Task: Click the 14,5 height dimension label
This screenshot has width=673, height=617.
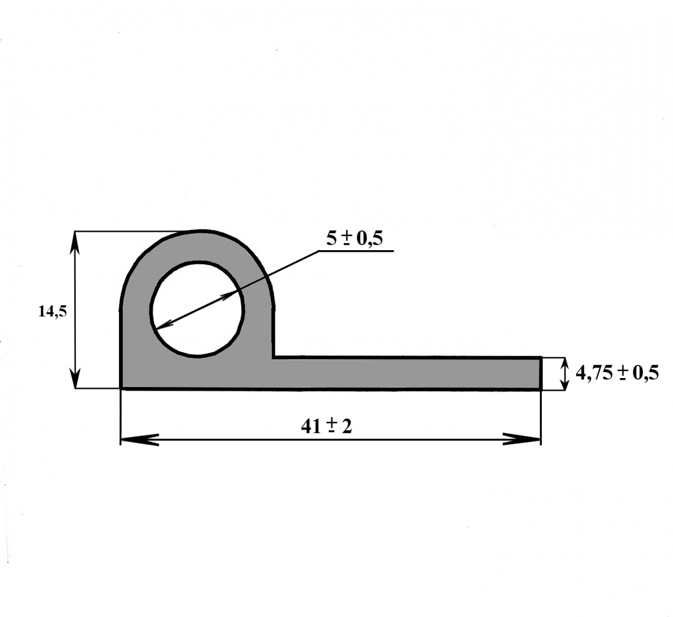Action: click(x=53, y=312)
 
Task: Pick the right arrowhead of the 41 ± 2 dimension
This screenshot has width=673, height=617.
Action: click(x=522, y=439)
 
